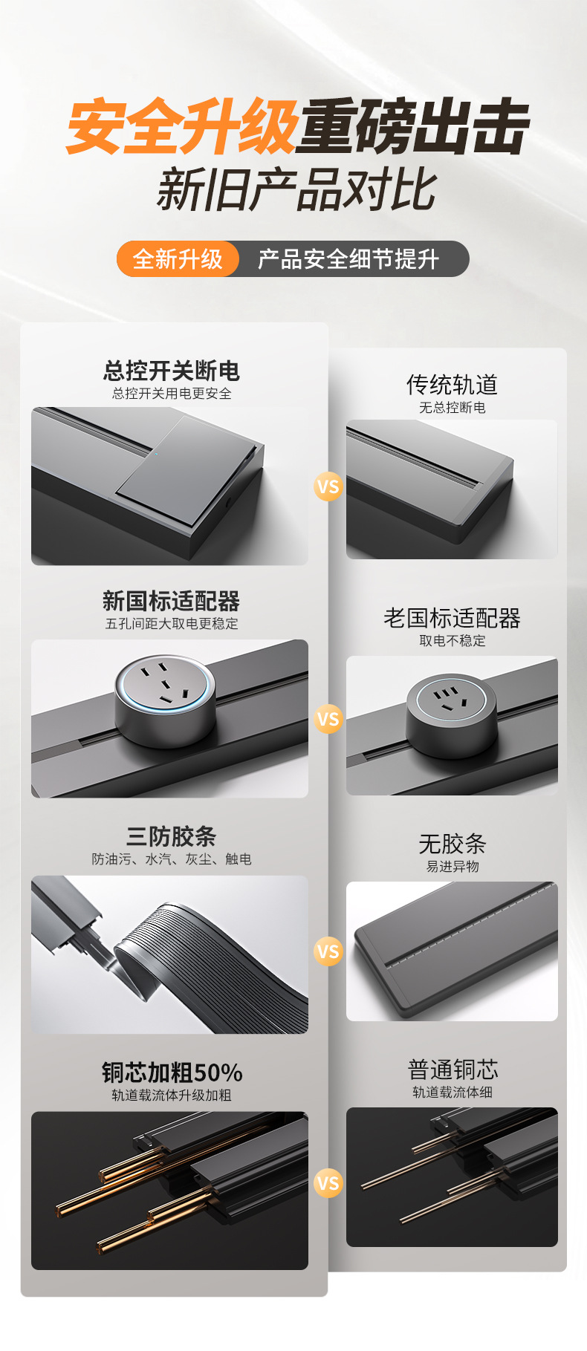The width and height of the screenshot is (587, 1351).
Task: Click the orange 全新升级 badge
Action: point(178,259)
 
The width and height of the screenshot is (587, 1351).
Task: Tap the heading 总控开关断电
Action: point(172,370)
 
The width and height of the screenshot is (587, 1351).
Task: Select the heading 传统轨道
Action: point(452,385)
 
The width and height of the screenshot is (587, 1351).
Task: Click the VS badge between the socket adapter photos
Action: point(328,719)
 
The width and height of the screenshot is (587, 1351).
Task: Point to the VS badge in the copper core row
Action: point(328,1182)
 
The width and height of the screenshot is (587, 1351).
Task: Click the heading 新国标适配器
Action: point(172,601)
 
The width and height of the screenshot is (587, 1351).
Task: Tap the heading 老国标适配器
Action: point(452,618)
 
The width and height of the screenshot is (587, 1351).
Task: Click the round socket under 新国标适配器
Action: point(164,700)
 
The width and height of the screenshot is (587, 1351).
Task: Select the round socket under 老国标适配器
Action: point(451,716)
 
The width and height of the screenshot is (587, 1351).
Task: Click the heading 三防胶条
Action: point(172,836)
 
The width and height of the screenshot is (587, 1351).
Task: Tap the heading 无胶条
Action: point(452,844)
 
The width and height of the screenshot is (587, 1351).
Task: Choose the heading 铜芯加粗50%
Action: point(172,1072)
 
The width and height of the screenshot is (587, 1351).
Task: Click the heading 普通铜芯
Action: point(452,1070)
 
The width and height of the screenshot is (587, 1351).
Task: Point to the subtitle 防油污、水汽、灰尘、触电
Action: point(172,859)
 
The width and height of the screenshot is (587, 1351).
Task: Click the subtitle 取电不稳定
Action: point(452,640)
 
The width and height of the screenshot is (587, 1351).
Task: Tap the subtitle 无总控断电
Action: point(452,408)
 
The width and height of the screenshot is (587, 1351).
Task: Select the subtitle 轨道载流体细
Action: point(452,1092)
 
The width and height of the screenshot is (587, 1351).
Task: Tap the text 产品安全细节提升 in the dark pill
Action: point(348,259)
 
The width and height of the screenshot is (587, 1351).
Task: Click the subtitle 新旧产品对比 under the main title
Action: point(296,191)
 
